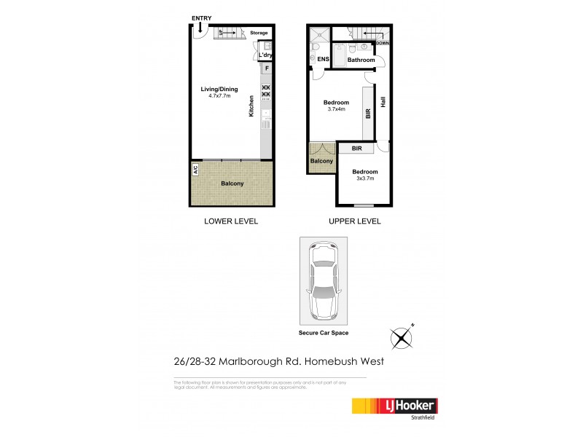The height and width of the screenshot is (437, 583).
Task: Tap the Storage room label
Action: (x=259, y=33)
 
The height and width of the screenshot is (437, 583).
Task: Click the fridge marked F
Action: (x=267, y=69)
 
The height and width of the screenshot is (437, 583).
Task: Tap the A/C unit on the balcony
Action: (x=195, y=170)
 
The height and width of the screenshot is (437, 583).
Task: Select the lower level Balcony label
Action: (x=232, y=183)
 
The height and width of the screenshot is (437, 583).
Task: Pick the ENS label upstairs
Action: (x=324, y=60)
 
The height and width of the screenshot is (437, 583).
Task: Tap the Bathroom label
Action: (x=360, y=60)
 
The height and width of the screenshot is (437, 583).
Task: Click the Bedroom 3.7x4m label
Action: (x=336, y=106)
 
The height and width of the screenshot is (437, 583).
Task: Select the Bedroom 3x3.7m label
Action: (x=366, y=176)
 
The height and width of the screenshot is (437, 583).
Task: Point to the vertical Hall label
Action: (x=383, y=103)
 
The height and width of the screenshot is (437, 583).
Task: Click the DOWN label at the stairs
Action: (x=383, y=43)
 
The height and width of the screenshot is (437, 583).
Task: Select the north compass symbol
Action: (x=402, y=337)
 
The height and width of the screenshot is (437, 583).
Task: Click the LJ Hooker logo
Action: (x=394, y=406)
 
